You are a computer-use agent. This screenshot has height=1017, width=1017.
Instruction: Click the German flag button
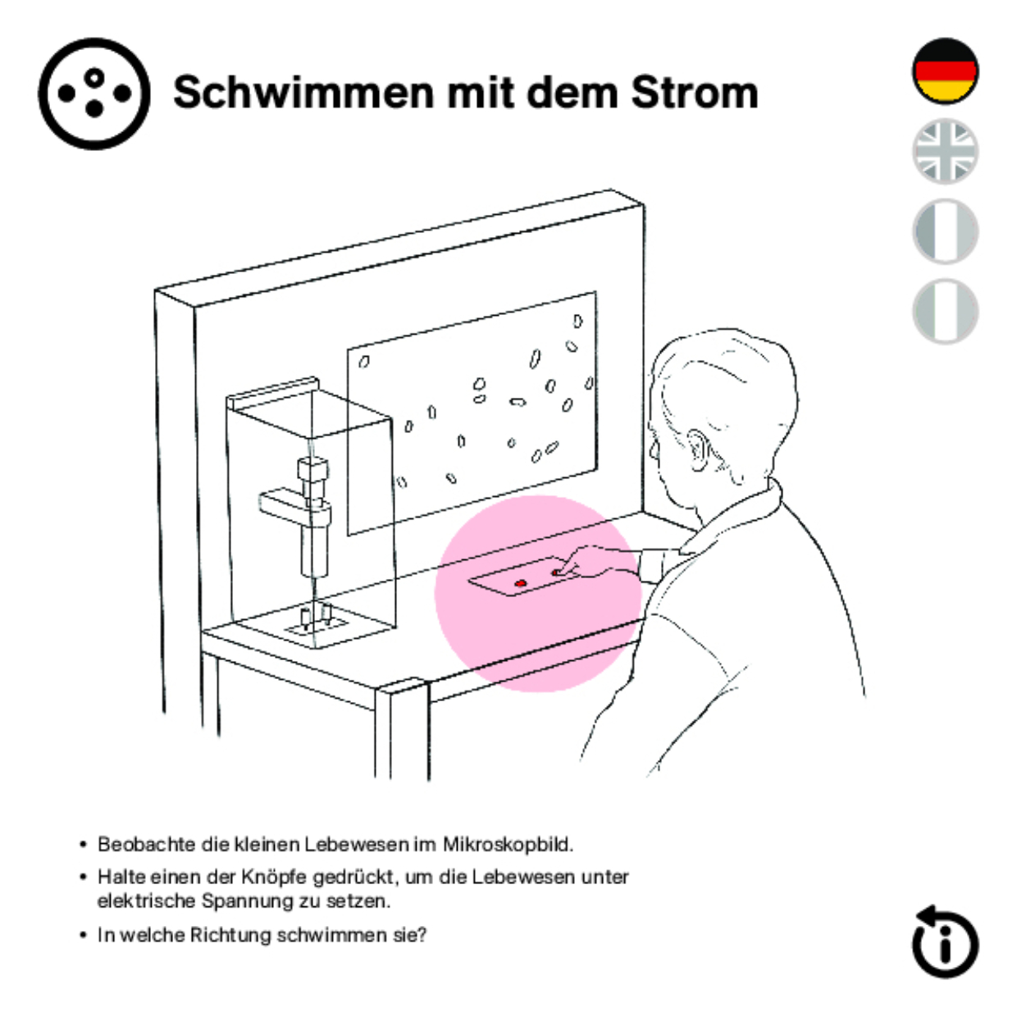pyautogui.click(x=945, y=71)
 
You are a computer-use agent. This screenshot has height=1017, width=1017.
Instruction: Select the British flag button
pyautogui.click(x=945, y=151)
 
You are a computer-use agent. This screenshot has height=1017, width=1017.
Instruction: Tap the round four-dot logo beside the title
pyautogui.click(x=94, y=93)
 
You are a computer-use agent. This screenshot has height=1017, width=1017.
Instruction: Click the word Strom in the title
pyautogui.click(x=695, y=93)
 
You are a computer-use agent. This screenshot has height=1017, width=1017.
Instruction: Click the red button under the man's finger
pyautogui.click(x=555, y=572)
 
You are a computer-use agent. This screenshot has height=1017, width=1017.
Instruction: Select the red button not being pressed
pyautogui.click(x=520, y=582)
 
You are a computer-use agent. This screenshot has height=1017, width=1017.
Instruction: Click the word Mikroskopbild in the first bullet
pyautogui.click(x=507, y=844)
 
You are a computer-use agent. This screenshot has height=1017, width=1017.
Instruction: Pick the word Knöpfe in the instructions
pyautogui.click(x=275, y=877)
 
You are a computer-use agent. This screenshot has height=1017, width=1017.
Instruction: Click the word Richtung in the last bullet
pyautogui.click(x=230, y=935)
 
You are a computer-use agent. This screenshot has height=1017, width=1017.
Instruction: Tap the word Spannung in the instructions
pyautogui.click(x=248, y=901)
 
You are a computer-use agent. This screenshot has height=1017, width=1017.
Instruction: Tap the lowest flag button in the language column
pyautogui.click(x=945, y=312)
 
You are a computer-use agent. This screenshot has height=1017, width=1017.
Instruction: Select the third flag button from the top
pyautogui.click(x=945, y=231)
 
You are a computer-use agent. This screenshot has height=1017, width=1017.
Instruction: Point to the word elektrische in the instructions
pyautogui.click(x=146, y=901)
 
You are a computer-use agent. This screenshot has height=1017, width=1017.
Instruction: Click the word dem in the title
pyautogui.click(x=572, y=93)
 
